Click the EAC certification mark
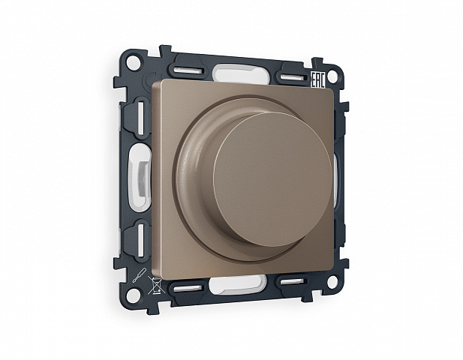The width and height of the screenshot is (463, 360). tap(318, 80)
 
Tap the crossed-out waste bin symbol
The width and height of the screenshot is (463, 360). tap(157, 285)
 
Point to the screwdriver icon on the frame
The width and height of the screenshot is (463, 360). tap(139, 274)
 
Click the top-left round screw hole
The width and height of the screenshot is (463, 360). tap(133, 62)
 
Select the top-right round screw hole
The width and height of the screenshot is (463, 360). tap(332, 76)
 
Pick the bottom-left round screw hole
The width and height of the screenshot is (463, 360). tap(133, 293)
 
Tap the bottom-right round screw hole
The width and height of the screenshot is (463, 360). tap(332, 283)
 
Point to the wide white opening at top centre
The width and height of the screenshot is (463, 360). tap(241, 73)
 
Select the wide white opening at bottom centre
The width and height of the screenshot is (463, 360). tap(236, 284)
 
